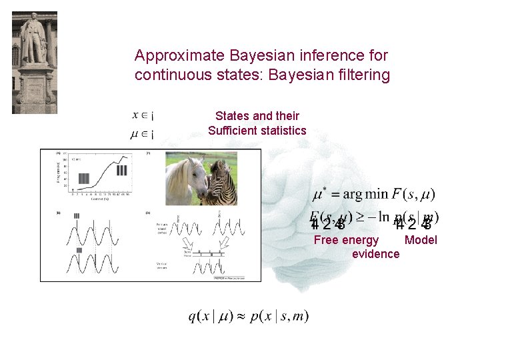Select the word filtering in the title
[x=365, y=75]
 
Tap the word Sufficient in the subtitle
[x=233, y=131]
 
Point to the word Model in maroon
[x=421, y=240]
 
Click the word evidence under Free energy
[x=375, y=254]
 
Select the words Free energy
[x=346, y=240]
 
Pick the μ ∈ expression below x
[x=142, y=134]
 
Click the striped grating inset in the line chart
[x=121, y=170]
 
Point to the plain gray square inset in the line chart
[x=83, y=178]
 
